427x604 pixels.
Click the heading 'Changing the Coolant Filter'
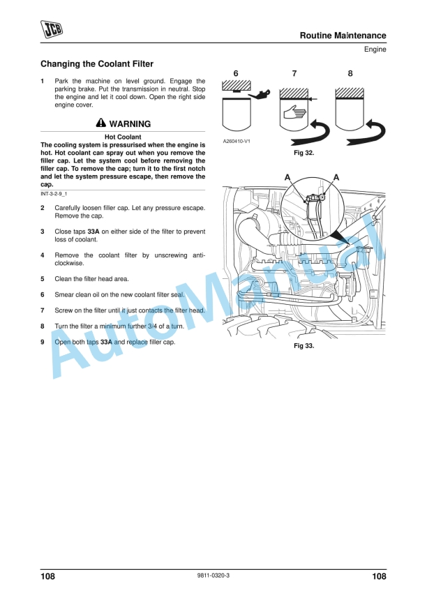click(97, 64)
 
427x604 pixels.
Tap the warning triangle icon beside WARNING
click(101, 123)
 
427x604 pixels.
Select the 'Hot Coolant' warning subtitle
click(123, 137)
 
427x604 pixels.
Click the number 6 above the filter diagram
click(236, 73)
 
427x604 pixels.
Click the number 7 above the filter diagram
click(294, 73)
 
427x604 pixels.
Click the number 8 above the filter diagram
click(350, 73)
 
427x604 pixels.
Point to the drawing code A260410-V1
click(237, 141)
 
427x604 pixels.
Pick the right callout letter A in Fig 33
click(336, 178)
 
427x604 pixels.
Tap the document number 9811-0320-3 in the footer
click(213, 575)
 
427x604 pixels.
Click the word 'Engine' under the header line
click(375, 50)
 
